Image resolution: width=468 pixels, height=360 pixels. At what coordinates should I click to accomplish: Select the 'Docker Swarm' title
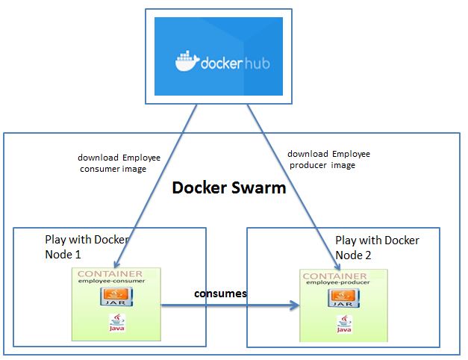[x=229, y=187]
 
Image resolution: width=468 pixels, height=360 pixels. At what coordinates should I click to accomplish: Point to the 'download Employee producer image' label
[x=328, y=159]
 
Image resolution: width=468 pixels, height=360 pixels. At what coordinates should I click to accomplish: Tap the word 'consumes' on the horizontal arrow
[x=220, y=294]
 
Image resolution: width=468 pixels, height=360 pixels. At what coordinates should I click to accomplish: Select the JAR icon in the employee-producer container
[x=340, y=301]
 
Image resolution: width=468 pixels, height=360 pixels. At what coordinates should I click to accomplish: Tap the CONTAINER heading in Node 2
[x=340, y=277]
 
